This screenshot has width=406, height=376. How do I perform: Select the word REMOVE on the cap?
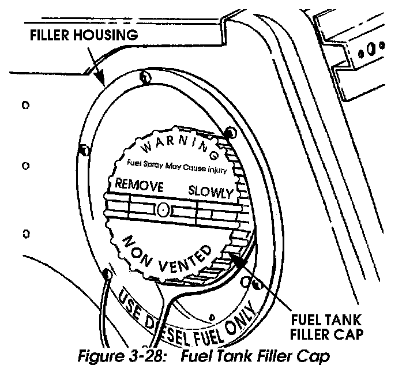pyautogui.click(x=140, y=186)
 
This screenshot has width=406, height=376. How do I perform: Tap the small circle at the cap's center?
pyautogui.click(x=164, y=209)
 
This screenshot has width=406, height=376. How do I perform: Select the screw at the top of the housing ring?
pyautogui.click(x=145, y=77)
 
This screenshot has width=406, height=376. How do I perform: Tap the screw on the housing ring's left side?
pyautogui.click(x=84, y=151)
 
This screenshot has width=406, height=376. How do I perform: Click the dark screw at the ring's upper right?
pyautogui.click(x=231, y=133)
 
